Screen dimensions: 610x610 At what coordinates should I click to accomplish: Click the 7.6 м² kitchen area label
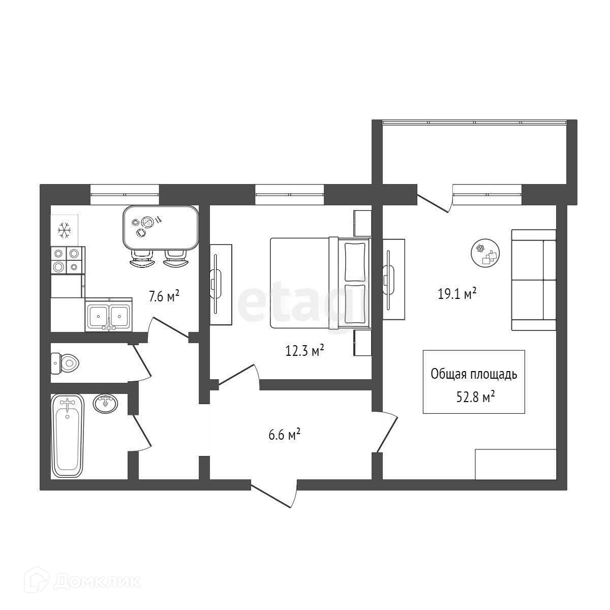[x=164, y=296]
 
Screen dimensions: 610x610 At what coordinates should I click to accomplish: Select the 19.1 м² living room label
[x=457, y=294]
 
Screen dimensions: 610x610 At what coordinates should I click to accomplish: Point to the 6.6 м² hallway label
[x=284, y=435]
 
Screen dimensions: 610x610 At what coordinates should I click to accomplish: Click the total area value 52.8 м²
[x=475, y=397]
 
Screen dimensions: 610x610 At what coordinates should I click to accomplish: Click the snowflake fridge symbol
[x=65, y=230]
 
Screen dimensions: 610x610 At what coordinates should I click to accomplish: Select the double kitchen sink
[x=109, y=315]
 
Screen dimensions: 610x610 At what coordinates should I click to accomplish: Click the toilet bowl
[x=65, y=362]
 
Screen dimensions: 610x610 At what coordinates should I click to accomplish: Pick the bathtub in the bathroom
[x=68, y=436]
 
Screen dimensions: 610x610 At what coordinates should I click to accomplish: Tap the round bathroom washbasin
[x=105, y=404]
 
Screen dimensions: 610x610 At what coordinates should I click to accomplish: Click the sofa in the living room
[x=534, y=280]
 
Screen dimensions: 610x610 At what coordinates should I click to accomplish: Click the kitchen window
[x=125, y=194]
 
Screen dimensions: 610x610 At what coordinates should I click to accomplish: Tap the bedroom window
[x=289, y=194]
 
